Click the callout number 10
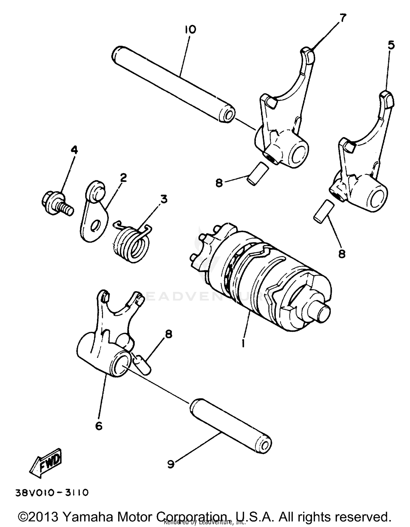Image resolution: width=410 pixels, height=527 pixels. click(190, 30)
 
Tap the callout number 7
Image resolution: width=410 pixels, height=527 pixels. click(342, 18)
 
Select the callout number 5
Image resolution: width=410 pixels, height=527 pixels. click(391, 45)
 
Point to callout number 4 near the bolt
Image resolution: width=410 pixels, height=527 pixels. click(74, 150)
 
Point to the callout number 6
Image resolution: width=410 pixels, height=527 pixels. click(99, 426)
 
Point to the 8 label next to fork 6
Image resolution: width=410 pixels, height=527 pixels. click(169, 334)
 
